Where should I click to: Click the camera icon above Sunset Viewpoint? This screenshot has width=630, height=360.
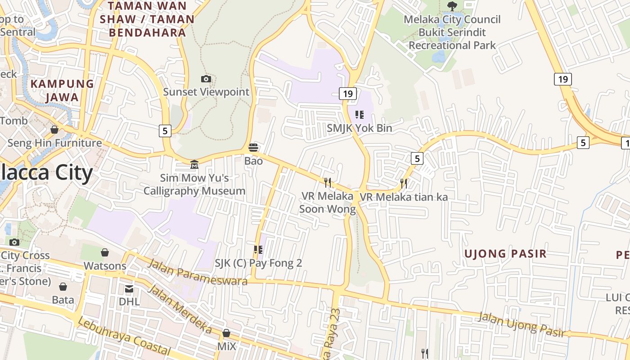[x=206, y=79]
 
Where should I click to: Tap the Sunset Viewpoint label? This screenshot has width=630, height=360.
[x=206, y=92]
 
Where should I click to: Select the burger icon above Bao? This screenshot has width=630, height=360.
[x=253, y=148]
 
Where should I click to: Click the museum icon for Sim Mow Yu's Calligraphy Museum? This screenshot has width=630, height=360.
[x=194, y=164]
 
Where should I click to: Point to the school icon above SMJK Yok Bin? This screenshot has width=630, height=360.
[x=359, y=115]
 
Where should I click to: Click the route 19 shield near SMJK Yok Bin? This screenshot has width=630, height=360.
[x=347, y=94]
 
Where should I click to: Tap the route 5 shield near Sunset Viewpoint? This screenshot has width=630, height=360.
[x=165, y=131]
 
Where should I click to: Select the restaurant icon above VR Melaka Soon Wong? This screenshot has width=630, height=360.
[x=328, y=182]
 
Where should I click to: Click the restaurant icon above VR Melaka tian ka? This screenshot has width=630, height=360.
[x=404, y=183]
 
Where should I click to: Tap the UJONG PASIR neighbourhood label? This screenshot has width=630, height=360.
[x=505, y=254]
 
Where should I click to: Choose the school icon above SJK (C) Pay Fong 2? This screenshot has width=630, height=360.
[x=258, y=250]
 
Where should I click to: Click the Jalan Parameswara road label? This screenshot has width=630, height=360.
[x=198, y=273]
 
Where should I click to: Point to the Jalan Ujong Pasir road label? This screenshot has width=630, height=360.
[x=521, y=324]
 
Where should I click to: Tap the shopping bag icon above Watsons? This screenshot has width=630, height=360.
[x=105, y=252]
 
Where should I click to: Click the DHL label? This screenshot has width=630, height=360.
[x=129, y=301]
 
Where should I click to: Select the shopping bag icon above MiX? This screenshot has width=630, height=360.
[x=226, y=333]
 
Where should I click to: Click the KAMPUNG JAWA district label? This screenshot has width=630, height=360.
[x=62, y=90]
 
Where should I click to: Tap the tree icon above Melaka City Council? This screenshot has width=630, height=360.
[x=452, y=6]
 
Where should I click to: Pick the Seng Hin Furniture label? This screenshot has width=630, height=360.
[x=54, y=144]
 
